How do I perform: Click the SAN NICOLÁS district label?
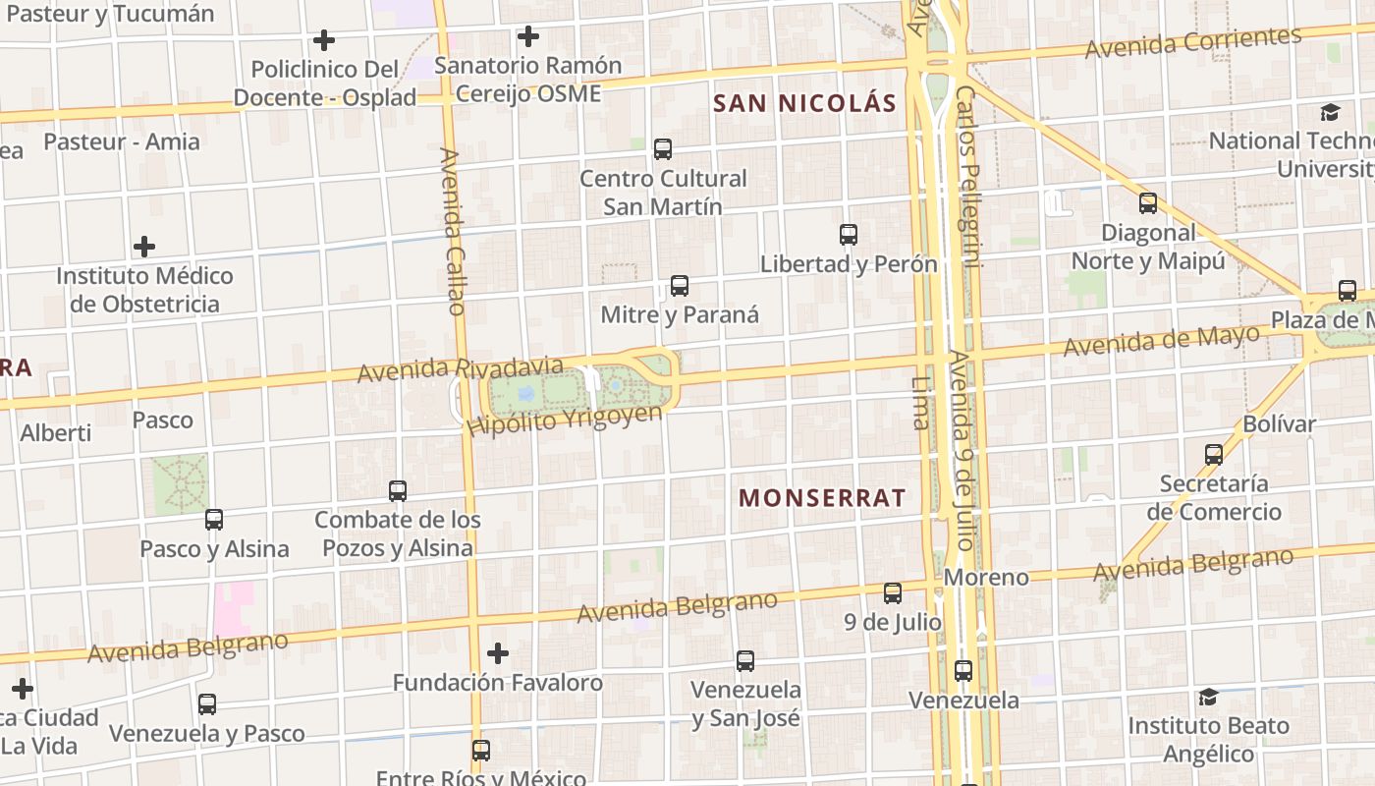pos(804,103)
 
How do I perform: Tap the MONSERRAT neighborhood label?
pos(822,497)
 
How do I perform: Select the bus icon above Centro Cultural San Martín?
pos(663,149)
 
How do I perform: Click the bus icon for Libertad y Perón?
pos(849,235)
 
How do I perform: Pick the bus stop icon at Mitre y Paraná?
pos(679,286)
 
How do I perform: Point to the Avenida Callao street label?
pos(452,231)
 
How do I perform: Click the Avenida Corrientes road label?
pos(1192,42)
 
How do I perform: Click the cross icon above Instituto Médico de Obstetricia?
pos(144,246)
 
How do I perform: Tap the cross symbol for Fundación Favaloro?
pos(498,652)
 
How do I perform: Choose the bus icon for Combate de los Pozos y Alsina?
pos(398,490)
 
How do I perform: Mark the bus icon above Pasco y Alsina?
pos(213,519)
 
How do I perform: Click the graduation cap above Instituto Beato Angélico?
pos(1207,697)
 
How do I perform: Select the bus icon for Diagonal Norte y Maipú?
pos(1147,203)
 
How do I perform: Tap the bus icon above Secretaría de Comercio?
pos(1214,454)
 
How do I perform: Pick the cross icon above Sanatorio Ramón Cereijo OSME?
pos(528,37)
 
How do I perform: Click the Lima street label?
pos(920,403)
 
